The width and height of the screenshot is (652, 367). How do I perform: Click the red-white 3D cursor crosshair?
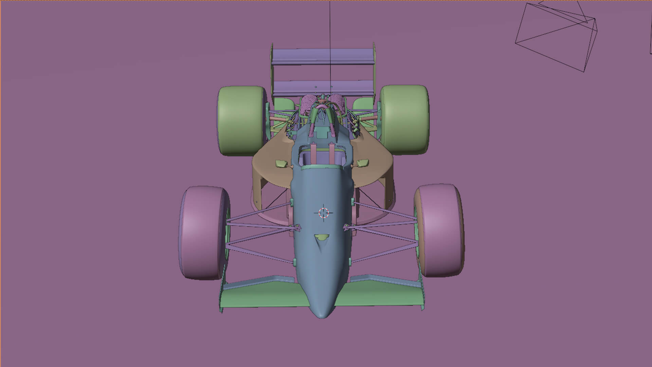click(x=324, y=213)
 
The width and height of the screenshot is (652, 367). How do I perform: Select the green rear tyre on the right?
click(x=404, y=120)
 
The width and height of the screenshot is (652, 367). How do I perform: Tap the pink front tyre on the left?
click(x=203, y=232)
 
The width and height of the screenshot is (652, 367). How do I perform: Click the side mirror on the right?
click(x=362, y=163)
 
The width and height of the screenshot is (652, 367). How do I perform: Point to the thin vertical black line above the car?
click(x=330, y=34)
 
